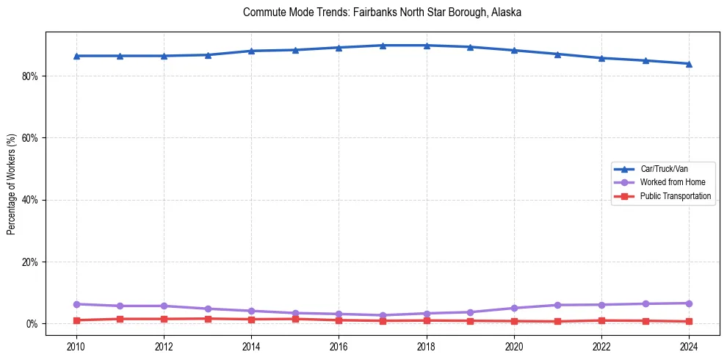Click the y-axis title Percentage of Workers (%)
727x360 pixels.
[11, 184]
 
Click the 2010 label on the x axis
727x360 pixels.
[76, 346]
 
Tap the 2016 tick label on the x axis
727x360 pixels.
[339, 346]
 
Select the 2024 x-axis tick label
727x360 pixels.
[689, 346]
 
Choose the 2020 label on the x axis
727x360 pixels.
[514, 346]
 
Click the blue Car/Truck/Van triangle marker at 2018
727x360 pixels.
[427, 46]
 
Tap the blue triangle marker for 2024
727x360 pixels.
[689, 63]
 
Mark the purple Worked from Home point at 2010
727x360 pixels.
[76, 304]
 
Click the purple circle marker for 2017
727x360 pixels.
[383, 315]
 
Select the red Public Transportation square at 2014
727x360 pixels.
[251, 320]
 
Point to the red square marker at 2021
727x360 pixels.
[557, 322]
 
